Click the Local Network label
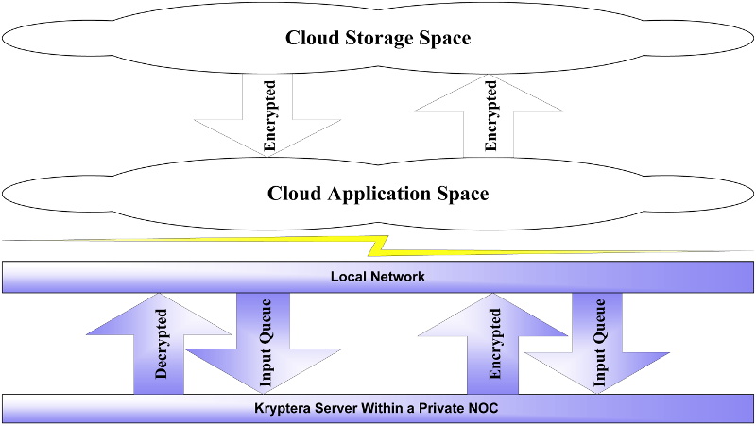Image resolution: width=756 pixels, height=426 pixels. [x=378, y=277]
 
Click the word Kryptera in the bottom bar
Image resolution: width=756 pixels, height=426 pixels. [x=286, y=410]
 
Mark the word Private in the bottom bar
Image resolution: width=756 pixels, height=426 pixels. [x=445, y=410]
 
